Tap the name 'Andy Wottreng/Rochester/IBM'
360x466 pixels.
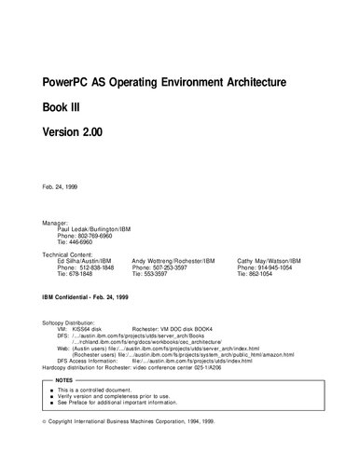coord(174,261)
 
